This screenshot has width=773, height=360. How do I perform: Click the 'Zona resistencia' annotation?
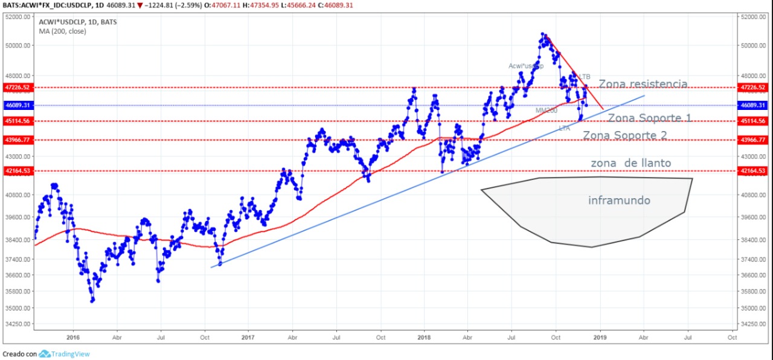(643, 84)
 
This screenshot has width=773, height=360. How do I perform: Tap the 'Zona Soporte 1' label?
(649, 118)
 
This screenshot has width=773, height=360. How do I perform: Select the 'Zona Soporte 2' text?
(624, 135)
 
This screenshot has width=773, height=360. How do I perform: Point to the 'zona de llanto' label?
(630, 163)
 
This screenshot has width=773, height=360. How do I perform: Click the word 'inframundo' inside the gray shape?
(619, 200)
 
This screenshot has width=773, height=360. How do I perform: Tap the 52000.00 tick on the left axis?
(18, 17)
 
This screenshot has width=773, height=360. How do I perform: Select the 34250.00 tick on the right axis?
(752, 324)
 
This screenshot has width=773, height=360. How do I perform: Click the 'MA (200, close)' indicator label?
(62, 31)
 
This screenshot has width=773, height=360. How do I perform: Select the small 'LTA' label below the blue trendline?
(564, 128)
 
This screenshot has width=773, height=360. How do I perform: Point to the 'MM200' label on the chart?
(546, 111)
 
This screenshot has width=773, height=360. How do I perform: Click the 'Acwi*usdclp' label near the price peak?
(525, 66)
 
